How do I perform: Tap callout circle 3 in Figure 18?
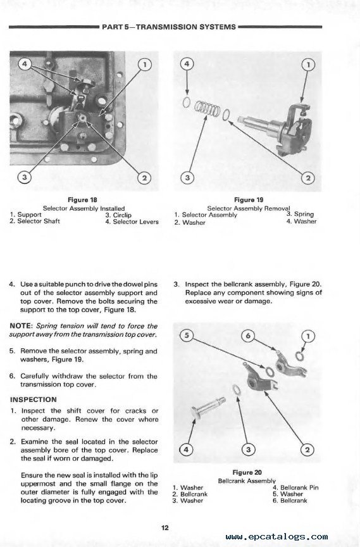24,177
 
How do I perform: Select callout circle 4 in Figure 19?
187,64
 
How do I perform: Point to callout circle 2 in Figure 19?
308,178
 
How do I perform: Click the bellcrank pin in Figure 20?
208,407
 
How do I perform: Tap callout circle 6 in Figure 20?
248,336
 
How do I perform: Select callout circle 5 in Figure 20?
187,336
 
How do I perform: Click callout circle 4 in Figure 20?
186,449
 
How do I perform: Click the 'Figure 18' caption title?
82,200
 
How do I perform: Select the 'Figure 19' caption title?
249,200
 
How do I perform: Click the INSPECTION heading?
33,399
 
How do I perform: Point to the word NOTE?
20,326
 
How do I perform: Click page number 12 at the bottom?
165,528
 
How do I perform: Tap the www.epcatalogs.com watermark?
276,536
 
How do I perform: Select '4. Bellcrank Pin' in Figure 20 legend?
295,487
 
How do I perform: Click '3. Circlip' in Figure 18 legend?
118,215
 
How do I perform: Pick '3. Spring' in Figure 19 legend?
300,214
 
